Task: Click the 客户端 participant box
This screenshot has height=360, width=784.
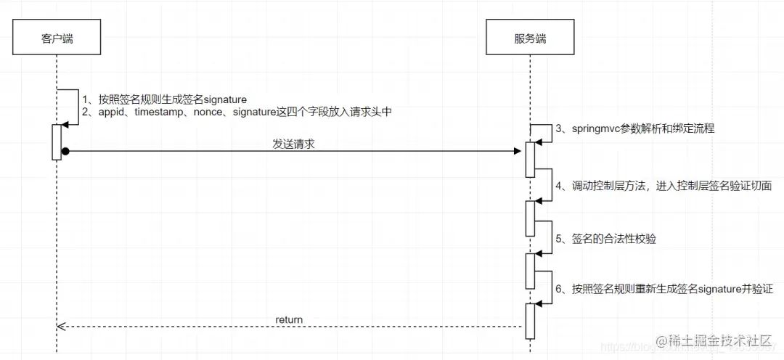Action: click(57, 40)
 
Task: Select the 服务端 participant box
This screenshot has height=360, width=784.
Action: click(530, 40)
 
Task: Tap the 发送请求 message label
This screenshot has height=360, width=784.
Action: click(293, 144)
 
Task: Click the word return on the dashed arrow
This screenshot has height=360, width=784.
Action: click(289, 319)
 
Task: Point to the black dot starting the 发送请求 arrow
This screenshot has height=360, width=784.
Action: click(65, 151)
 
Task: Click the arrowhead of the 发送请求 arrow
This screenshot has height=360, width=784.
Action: click(518, 151)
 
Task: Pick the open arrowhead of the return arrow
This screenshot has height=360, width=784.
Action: click(61, 327)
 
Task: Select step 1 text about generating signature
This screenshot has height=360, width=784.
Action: click(165, 99)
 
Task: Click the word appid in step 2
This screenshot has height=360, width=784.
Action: click(113, 112)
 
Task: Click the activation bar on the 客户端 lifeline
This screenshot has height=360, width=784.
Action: click(56, 142)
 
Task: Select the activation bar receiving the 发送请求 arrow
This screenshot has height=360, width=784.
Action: click(530, 159)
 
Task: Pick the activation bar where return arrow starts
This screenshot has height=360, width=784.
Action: click(530, 321)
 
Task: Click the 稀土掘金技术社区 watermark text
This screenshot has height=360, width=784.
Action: click(718, 340)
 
